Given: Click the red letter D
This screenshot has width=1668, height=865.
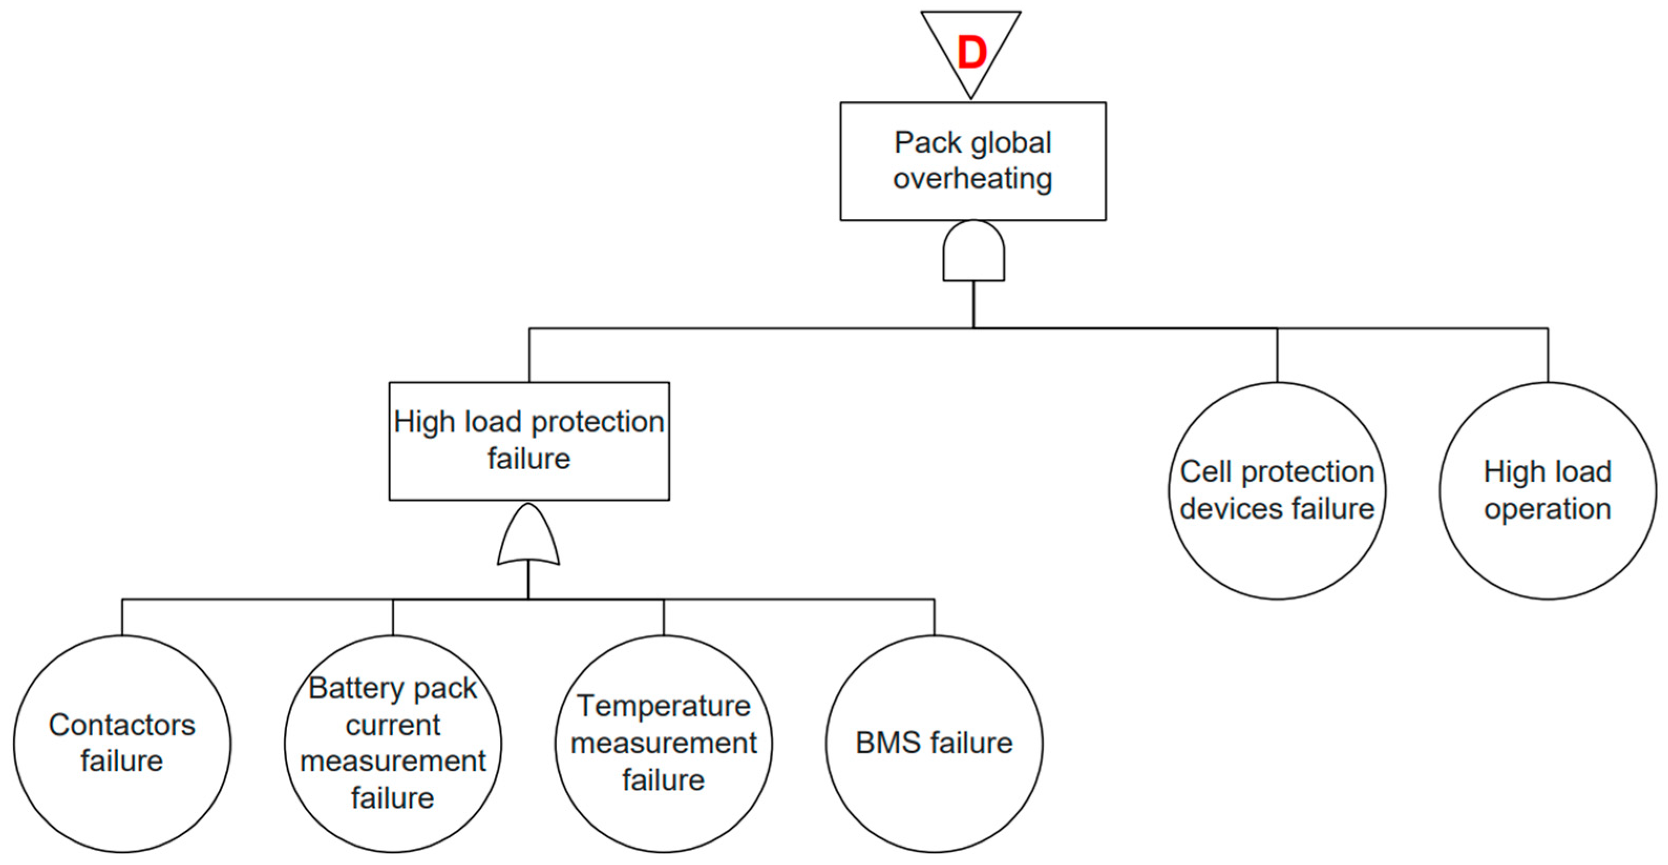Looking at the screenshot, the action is pos(972,52).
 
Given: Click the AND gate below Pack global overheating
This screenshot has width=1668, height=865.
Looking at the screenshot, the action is pos(973,251).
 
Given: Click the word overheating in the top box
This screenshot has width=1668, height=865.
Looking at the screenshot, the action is pos(973,180).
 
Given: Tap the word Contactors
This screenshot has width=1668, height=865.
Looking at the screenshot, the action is pos(122,725).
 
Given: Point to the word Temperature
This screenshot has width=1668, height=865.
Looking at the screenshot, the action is pos(664,706).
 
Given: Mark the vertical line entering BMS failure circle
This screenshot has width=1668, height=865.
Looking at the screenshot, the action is pos(934,617).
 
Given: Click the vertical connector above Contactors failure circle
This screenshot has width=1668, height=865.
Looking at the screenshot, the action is pos(122,617).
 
